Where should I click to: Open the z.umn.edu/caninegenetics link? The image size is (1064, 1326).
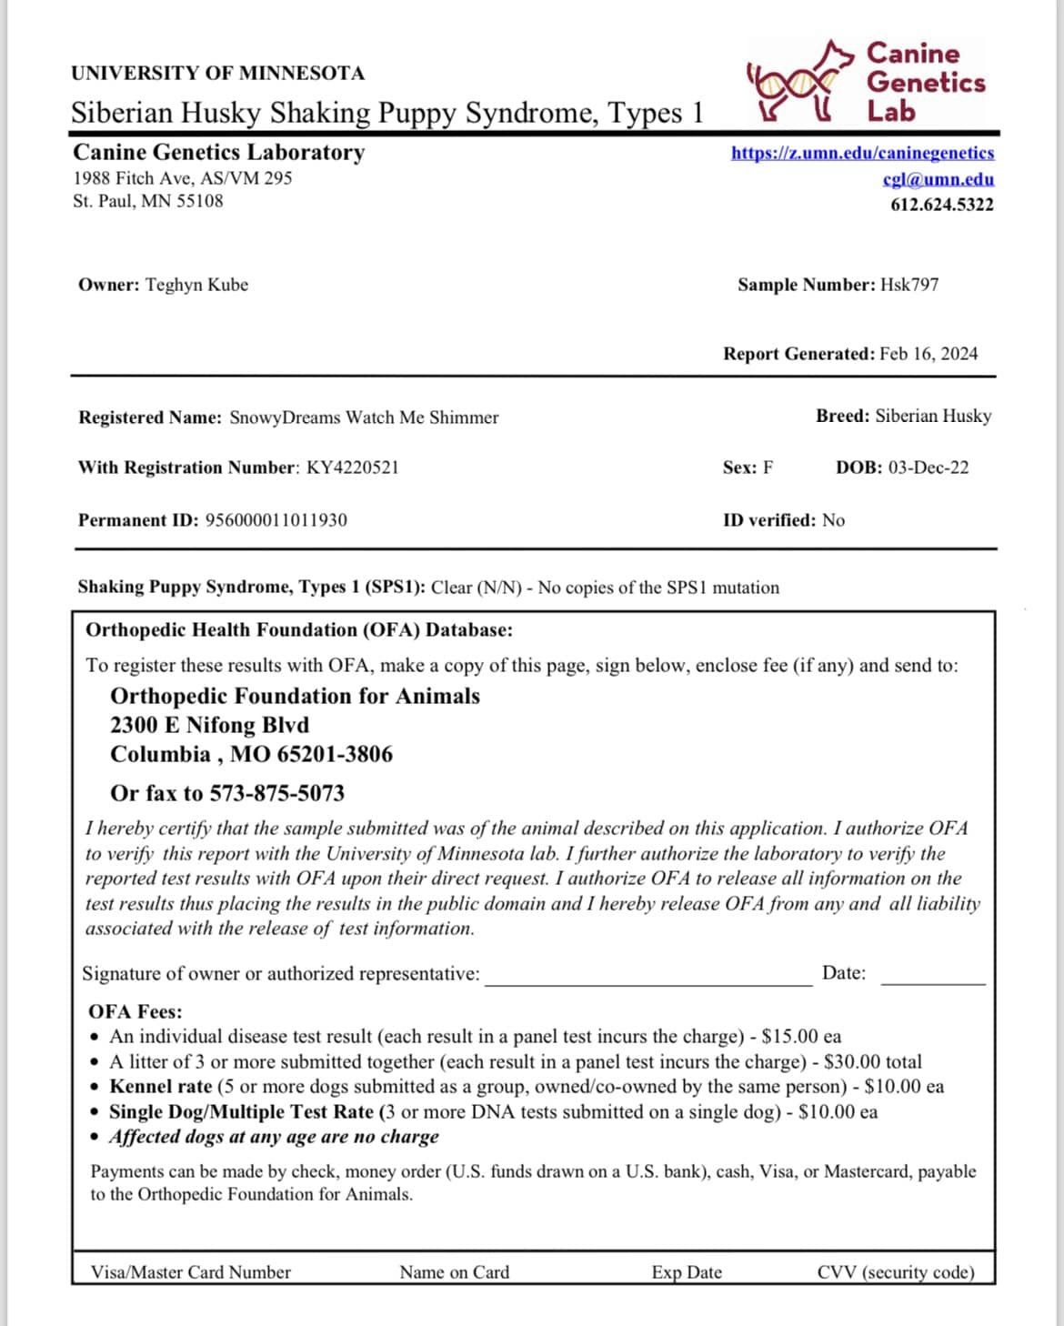point(862,153)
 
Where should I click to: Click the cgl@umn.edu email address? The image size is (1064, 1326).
point(938,179)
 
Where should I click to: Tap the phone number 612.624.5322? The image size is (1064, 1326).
point(941,205)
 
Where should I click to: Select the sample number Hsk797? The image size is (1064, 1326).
point(909,285)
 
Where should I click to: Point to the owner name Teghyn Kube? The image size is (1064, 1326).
point(196,285)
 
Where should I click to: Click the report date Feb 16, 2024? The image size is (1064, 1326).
point(928,354)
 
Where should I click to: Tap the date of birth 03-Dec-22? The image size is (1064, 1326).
point(928,467)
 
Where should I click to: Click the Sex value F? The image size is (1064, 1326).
point(768,467)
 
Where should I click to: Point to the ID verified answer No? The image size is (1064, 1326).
point(833,520)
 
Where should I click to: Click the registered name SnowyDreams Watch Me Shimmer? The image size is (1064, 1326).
point(364,417)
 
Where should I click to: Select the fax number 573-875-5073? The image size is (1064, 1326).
point(277,793)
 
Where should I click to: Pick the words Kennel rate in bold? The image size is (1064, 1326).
point(161,1086)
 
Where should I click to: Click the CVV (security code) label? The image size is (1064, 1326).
point(895,1272)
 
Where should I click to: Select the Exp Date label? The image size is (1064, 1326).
point(687,1272)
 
